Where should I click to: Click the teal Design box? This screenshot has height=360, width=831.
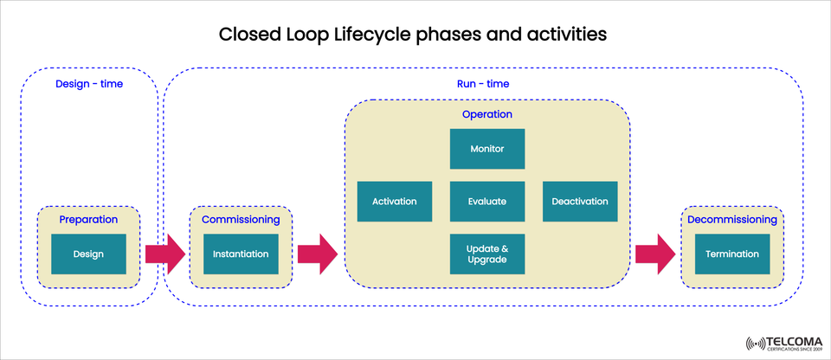pyautogui.click(x=88, y=254)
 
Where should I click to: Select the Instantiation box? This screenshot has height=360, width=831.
pyautogui.click(x=241, y=254)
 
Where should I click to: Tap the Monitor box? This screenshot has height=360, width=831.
pyautogui.click(x=486, y=149)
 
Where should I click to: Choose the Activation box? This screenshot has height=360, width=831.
pyautogui.click(x=394, y=202)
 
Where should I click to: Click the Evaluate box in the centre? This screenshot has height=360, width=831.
pyautogui.click(x=486, y=202)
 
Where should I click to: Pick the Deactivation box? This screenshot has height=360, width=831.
pyautogui.click(x=579, y=202)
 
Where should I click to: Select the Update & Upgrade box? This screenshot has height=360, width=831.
pyautogui.click(x=486, y=254)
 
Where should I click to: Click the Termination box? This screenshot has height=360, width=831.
pyautogui.click(x=731, y=254)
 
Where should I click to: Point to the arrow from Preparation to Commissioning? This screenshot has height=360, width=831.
pyautogui.click(x=164, y=254)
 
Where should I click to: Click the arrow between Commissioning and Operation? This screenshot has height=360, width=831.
pyautogui.click(x=317, y=254)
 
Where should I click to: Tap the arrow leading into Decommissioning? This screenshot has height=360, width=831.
pyautogui.click(x=655, y=254)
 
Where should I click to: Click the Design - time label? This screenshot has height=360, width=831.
pyautogui.click(x=88, y=84)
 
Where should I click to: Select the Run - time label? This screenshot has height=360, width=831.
pyautogui.click(x=482, y=84)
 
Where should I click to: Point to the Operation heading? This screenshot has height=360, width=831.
pyautogui.click(x=486, y=114)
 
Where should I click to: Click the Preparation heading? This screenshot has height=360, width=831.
pyautogui.click(x=88, y=220)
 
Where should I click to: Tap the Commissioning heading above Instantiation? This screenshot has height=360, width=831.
pyautogui.click(x=241, y=220)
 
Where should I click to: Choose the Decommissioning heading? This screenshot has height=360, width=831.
pyautogui.click(x=731, y=220)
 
